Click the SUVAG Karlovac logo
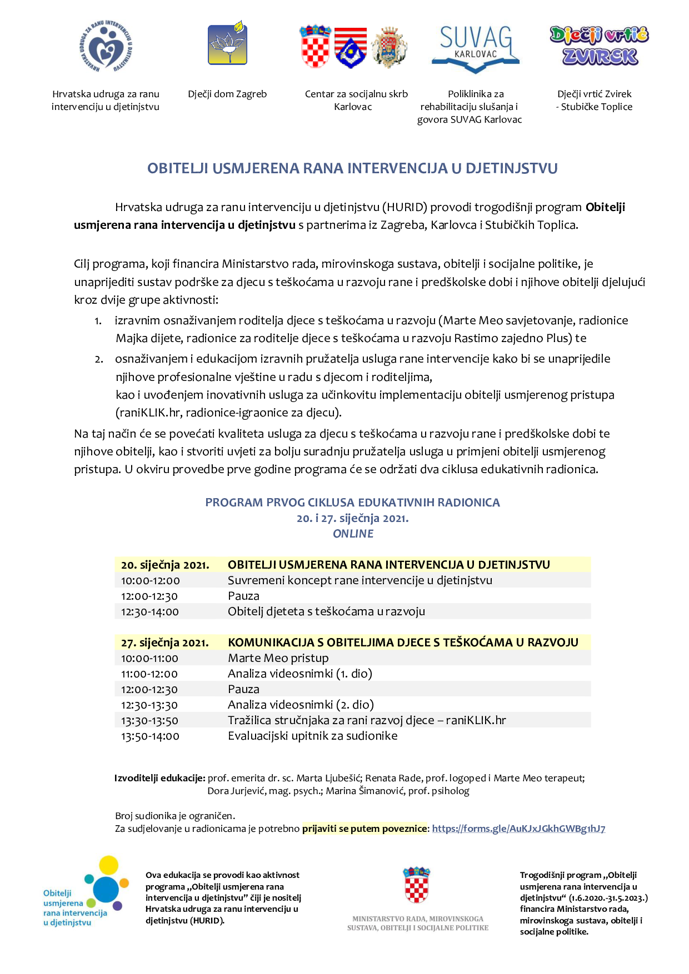click(x=475, y=49)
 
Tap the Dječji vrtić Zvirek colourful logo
click(x=599, y=46)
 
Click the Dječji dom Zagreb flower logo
click(x=228, y=44)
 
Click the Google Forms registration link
click(x=518, y=829)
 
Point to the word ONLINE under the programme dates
click(x=353, y=534)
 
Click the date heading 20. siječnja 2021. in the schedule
click(x=165, y=565)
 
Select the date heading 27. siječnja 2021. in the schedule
click(x=165, y=643)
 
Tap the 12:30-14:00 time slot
click(x=150, y=612)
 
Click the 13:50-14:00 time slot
click(x=150, y=736)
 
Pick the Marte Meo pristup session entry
click(x=278, y=658)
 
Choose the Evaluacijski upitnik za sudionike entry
click(x=312, y=736)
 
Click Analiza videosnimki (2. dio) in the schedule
click(x=301, y=705)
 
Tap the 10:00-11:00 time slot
click(x=150, y=659)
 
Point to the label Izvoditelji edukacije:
click(x=160, y=778)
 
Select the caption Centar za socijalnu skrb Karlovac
click(x=356, y=101)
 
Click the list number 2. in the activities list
click(x=99, y=359)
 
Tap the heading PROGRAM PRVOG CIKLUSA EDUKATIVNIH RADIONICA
click(x=352, y=503)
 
